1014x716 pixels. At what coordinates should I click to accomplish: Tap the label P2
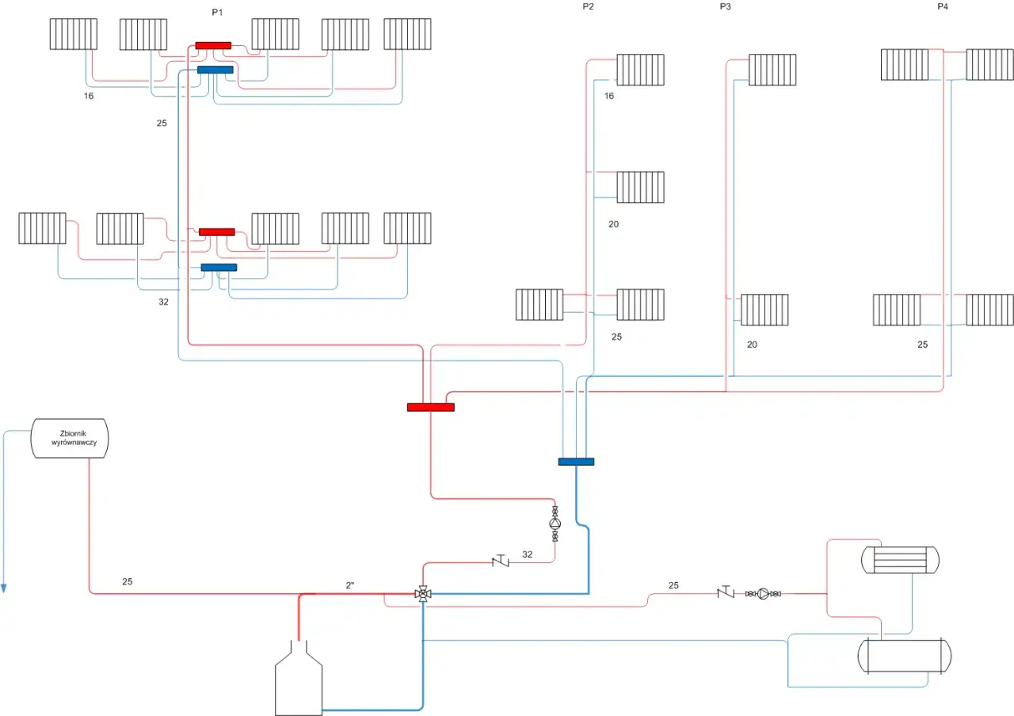pyautogui.click(x=588, y=7)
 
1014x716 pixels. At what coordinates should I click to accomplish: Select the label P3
pyautogui.click(x=726, y=7)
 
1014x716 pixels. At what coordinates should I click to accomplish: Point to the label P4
pyautogui.click(x=943, y=7)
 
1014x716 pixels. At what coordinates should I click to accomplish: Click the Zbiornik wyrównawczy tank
pyautogui.click(x=70, y=438)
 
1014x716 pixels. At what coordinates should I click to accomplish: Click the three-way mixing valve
pyautogui.click(x=423, y=593)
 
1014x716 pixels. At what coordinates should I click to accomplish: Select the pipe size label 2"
pyautogui.click(x=351, y=585)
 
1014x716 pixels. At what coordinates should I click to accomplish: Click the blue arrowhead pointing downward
pyautogui.click(x=4, y=588)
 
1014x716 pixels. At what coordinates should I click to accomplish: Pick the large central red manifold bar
pyautogui.click(x=431, y=407)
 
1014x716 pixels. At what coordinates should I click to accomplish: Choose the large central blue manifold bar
pyautogui.click(x=576, y=462)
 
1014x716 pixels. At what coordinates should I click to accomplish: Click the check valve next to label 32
pyautogui.click(x=501, y=562)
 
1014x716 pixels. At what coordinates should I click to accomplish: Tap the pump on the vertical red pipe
pyautogui.click(x=555, y=524)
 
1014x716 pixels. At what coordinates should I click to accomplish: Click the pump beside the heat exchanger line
pyautogui.click(x=763, y=592)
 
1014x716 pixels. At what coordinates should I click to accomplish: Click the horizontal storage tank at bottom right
pyautogui.click(x=905, y=656)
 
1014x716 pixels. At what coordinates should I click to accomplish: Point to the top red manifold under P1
pyautogui.click(x=213, y=45)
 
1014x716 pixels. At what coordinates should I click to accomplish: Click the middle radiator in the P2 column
pyautogui.click(x=640, y=187)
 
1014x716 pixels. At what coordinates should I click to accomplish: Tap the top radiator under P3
pyautogui.click(x=772, y=70)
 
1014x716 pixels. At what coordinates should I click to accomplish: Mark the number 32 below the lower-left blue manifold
pyautogui.click(x=163, y=302)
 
